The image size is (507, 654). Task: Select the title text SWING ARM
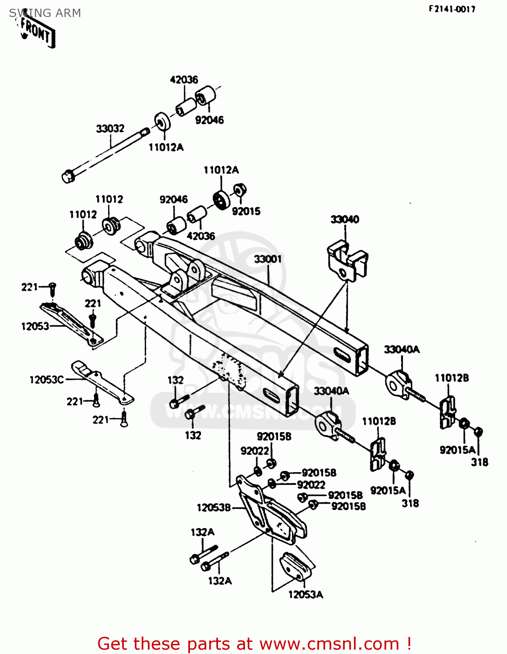click(45, 13)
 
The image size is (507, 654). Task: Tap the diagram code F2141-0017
click(452, 9)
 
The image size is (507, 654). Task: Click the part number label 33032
click(110, 128)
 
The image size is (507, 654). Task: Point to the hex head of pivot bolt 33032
click(68, 177)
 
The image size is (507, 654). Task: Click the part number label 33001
click(268, 259)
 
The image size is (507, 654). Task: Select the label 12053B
click(214, 508)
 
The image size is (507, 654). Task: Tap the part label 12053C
click(47, 380)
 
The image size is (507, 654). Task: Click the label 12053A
click(306, 594)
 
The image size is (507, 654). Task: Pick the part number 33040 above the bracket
click(344, 219)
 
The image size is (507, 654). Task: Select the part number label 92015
click(246, 211)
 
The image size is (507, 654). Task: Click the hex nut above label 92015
click(239, 190)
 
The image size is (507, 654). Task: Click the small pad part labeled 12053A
click(296, 567)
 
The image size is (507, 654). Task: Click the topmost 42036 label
click(184, 80)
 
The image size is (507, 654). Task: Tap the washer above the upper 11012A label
click(162, 122)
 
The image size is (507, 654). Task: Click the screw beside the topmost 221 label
click(52, 287)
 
